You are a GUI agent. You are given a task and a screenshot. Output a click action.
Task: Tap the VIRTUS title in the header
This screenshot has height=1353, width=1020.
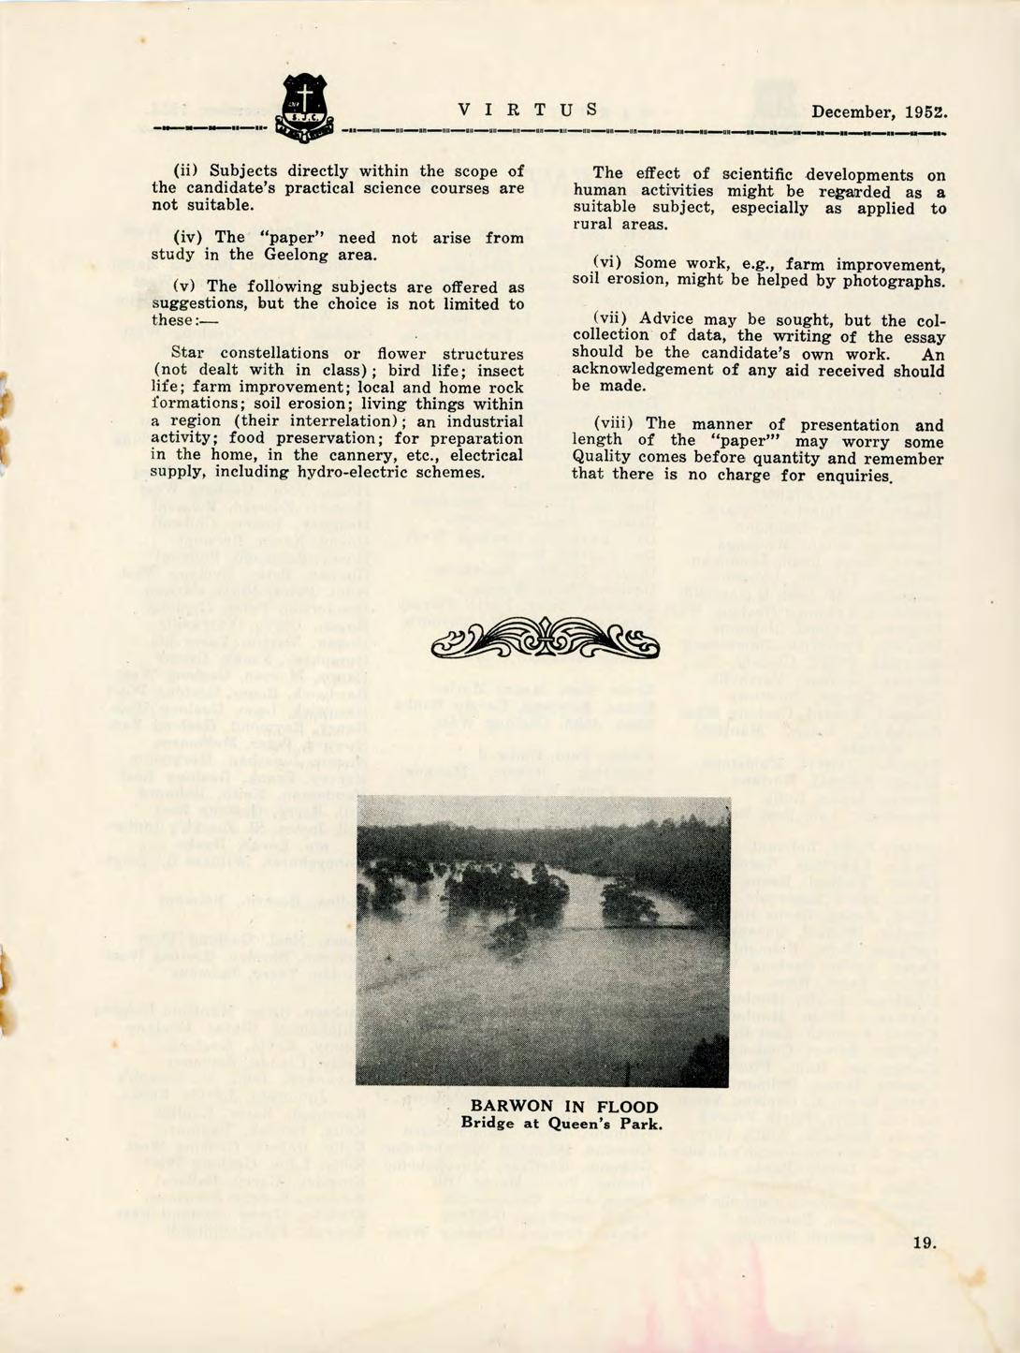pos(527,110)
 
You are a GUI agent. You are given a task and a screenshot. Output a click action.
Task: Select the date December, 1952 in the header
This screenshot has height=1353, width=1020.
pos(880,112)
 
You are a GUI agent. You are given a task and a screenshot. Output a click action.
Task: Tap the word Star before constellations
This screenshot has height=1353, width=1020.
pos(190,354)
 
